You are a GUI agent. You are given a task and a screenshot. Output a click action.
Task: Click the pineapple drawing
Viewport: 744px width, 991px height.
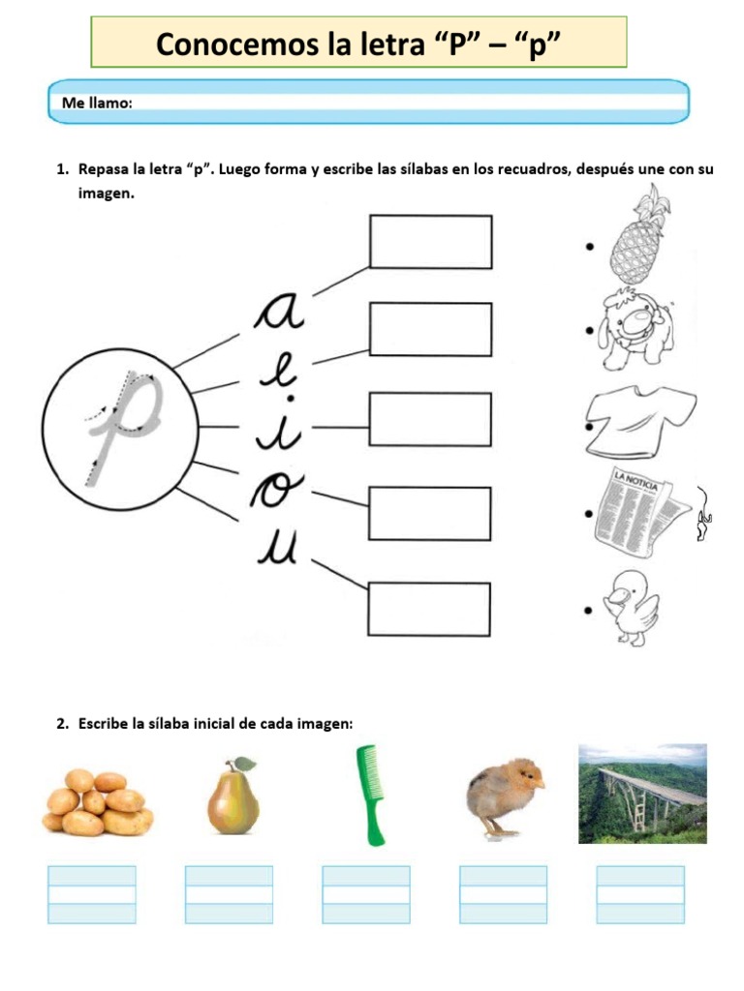(x=638, y=235)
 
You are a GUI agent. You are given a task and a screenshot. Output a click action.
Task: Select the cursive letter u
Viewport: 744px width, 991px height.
(x=281, y=551)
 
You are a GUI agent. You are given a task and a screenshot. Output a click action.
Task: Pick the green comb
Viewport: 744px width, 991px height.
(x=369, y=794)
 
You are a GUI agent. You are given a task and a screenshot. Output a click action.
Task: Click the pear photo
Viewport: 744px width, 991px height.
(x=232, y=796)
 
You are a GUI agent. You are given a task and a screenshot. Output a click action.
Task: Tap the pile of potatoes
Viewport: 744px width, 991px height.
(x=96, y=802)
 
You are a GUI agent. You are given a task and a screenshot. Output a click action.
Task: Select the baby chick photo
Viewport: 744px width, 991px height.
(x=503, y=796)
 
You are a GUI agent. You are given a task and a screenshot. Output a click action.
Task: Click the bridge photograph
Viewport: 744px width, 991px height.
(x=642, y=794)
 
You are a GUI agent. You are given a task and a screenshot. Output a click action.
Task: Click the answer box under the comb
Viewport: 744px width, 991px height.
(x=366, y=895)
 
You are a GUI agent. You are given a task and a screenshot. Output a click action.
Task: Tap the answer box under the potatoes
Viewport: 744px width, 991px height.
(x=92, y=895)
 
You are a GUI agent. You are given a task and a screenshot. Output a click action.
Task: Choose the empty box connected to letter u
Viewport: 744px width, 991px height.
(x=429, y=609)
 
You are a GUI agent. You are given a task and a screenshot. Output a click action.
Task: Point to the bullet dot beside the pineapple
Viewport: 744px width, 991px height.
(x=589, y=247)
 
